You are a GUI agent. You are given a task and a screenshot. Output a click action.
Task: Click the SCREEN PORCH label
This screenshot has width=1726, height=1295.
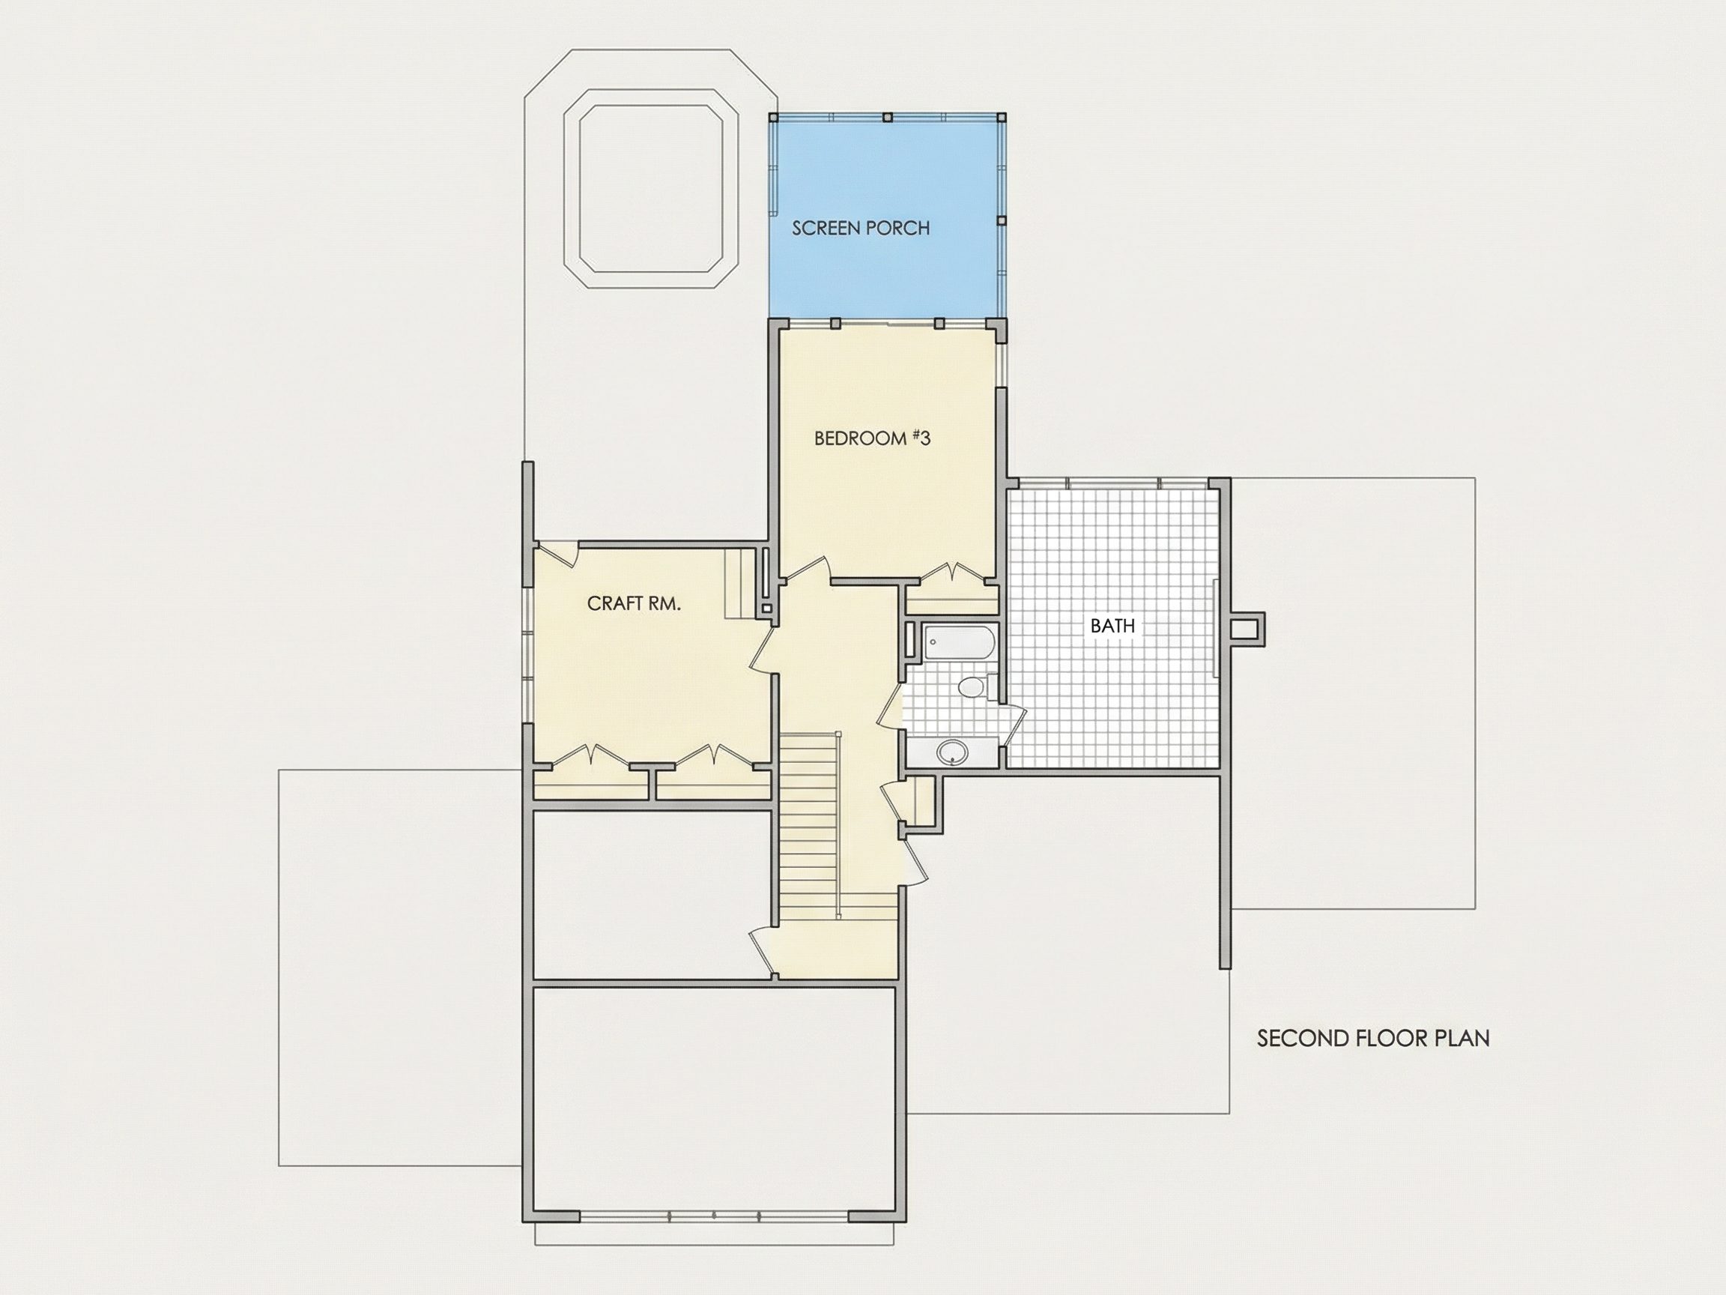pyautogui.click(x=861, y=228)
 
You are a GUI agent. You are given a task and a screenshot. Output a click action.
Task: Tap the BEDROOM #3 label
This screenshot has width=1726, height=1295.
pyautogui.click(x=872, y=437)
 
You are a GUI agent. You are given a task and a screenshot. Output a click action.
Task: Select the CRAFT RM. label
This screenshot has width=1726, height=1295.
pyautogui.click(x=634, y=603)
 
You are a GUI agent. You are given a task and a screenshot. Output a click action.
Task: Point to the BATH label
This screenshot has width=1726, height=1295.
pyautogui.click(x=1112, y=625)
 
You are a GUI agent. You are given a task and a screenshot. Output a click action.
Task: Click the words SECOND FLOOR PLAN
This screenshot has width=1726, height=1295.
pyautogui.click(x=1373, y=1038)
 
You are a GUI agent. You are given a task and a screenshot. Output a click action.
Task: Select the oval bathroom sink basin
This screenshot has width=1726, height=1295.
pyautogui.click(x=952, y=752)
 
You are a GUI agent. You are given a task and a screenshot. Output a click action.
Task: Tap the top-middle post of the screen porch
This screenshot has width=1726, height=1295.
pyautogui.click(x=887, y=117)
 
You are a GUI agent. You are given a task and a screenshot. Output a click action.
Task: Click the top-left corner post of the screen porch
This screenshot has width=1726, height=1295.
pyautogui.click(x=773, y=117)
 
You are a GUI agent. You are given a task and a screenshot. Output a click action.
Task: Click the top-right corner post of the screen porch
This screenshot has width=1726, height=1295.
pyautogui.click(x=1001, y=117)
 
